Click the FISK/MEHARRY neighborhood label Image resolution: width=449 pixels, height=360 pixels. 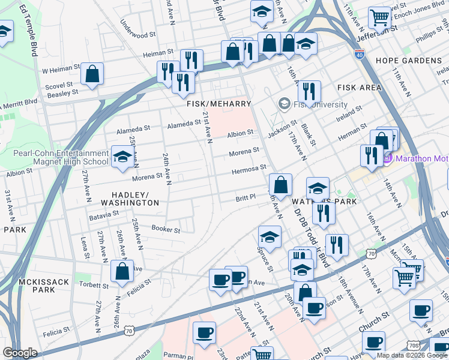click(x=218, y=104)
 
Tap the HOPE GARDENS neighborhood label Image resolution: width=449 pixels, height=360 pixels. click(x=408, y=61)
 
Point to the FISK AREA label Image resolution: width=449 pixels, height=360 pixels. click(x=359, y=88)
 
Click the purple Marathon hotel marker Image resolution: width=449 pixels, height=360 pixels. click(x=387, y=158)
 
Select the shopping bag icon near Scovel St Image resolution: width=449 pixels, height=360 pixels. click(x=93, y=74)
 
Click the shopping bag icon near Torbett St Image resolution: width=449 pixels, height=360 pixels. click(x=122, y=271)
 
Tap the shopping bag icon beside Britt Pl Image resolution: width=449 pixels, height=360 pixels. click(x=280, y=184)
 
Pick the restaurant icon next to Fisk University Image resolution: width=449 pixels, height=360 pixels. click(x=309, y=91)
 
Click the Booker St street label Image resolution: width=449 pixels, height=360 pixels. click(x=166, y=229)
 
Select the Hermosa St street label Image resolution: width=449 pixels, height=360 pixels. click(x=249, y=170)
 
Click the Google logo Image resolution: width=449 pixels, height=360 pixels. click(x=20, y=352)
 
